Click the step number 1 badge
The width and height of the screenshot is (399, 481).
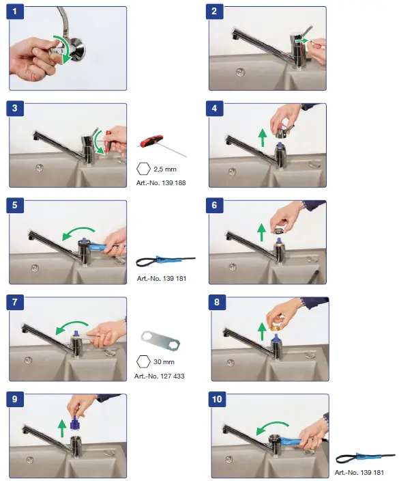coord(15,12)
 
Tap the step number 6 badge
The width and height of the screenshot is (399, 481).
coord(214,204)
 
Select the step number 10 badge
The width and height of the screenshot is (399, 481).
coord(217,399)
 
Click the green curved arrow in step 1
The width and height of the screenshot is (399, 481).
coord(63,49)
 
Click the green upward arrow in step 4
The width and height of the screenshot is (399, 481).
coord(262,138)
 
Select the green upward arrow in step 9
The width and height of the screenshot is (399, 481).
coord(62,428)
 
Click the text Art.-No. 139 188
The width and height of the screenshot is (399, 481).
coord(161,183)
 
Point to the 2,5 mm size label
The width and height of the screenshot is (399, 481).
coord(165,169)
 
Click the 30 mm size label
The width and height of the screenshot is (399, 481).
coord(164,362)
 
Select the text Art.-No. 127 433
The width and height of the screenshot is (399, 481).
coord(159,376)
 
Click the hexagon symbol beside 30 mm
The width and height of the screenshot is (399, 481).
coord(143,361)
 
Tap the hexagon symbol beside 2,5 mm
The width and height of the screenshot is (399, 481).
coord(143,169)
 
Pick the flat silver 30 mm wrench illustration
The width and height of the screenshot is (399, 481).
coord(160,342)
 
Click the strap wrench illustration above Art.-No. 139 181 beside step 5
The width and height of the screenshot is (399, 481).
coord(165,261)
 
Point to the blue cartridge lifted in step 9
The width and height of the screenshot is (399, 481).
coord(74,422)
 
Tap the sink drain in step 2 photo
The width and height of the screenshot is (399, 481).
coord(240,72)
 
